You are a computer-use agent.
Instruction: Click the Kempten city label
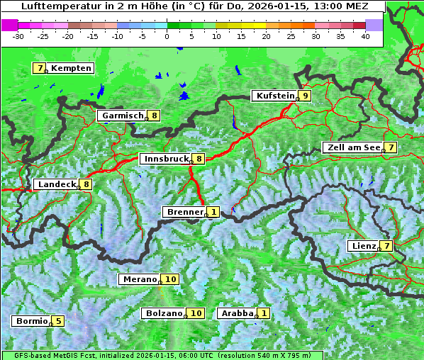pyautogui.click(x=71, y=68)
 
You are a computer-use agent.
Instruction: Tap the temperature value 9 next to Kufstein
pyautogui.click(x=304, y=96)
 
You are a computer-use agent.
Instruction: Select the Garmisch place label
pyautogui.click(x=123, y=116)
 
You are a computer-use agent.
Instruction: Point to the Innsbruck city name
pyautogui.click(x=166, y=159)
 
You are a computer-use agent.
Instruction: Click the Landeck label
pyautogui.click(x=57, y=184)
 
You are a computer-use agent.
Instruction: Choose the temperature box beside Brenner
pyautogui.click(x=213, y=212)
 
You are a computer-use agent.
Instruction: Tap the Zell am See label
pyautogui.click(x=353, y=147)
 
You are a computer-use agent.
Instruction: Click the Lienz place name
pyautogui.click(x=363, y=246)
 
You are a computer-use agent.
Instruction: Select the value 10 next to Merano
pyautogui.click(x=170, y=279)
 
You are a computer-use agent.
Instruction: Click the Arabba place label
pyautogui.click(x=237, y=313)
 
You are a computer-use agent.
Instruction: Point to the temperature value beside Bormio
pyautogui.click(x=58, y=321)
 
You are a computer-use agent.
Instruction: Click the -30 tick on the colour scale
pyautogui.click(x=18, y=35)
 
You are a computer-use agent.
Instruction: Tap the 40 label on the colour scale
pyautogui.click(x=365, y=35)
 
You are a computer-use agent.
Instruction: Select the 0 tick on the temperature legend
pyautogui.click(x=167, y=35)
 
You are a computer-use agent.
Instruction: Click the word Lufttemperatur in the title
pyautogui.click(x=52, y=6)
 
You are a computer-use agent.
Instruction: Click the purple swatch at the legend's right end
pyautogui.click(x=374, y=24)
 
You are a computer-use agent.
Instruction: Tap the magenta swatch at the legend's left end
pyautogui.click(x=9, y=24)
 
